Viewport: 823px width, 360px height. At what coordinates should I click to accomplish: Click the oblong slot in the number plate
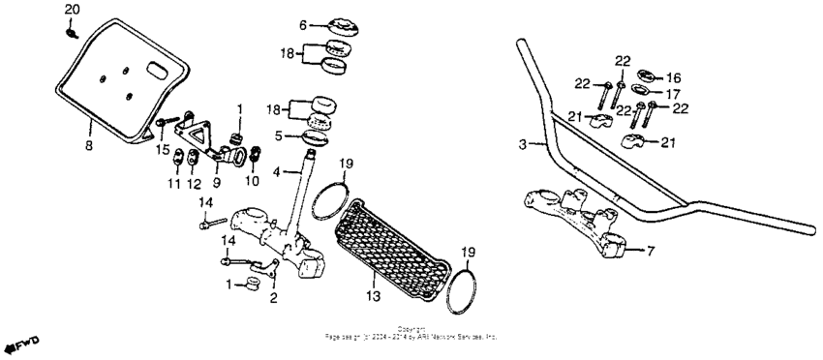pos(156,69)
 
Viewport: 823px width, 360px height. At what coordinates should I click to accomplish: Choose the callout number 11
pos(176,183)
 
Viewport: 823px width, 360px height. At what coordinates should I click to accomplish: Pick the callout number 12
pos(194,183)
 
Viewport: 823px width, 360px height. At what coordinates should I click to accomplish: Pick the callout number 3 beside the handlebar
pos(522,145)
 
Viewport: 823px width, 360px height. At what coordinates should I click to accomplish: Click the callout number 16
pos(674,77)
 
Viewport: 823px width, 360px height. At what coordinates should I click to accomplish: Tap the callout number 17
pos(674,94)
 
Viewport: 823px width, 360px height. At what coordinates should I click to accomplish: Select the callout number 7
pos(651,250)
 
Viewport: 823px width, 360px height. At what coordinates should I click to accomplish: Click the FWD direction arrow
pos(19,345)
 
